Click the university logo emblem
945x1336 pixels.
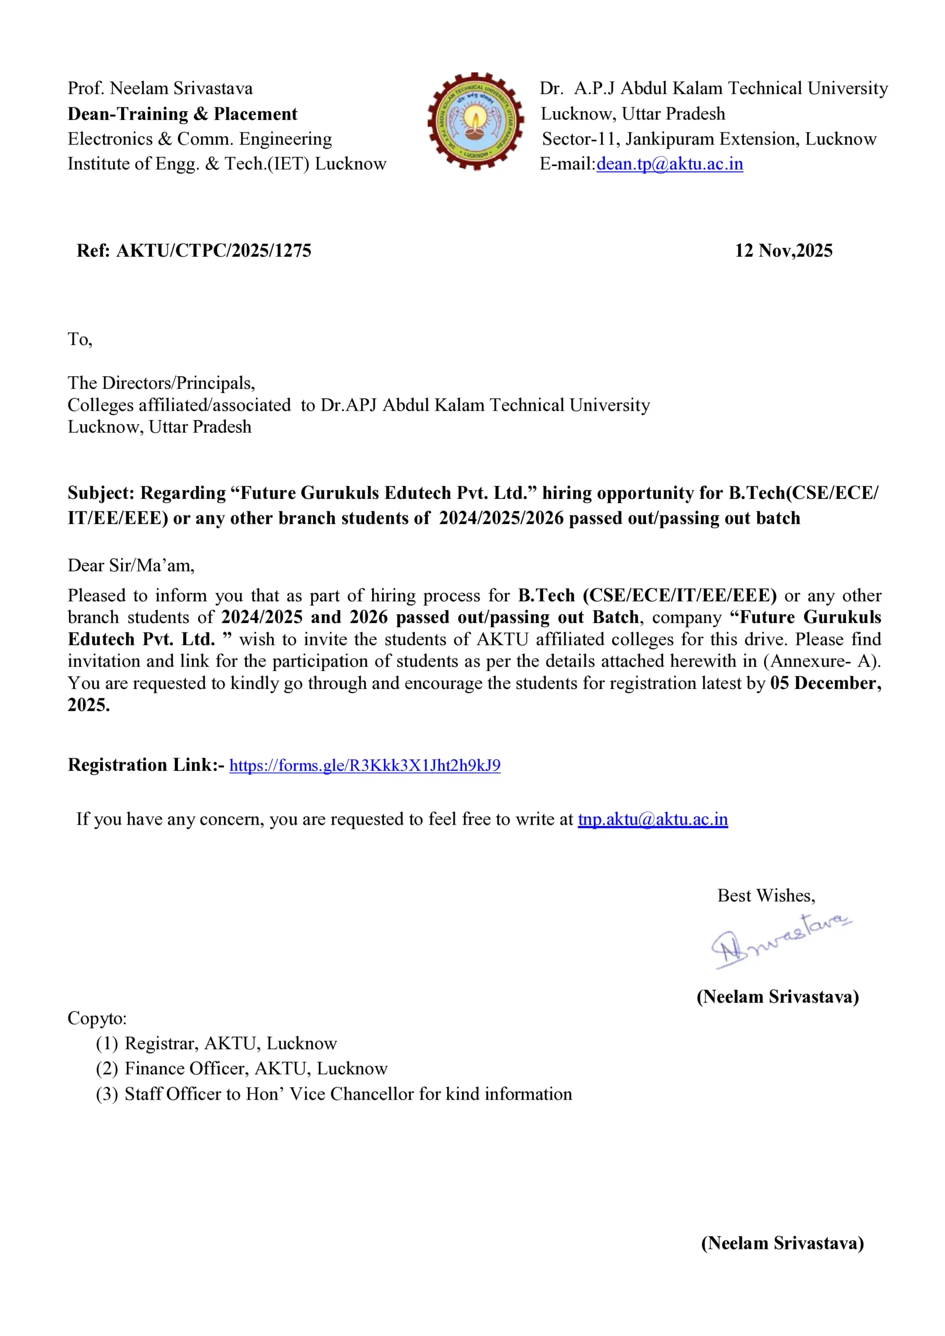(x=475, y=121)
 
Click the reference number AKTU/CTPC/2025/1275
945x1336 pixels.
(x=213, y=251)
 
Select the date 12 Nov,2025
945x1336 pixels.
(x=783, y=251)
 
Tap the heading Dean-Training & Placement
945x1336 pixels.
(x=182, y=114)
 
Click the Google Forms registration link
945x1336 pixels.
(x=365, y=765)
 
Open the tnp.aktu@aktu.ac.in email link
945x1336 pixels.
(x=652, y=819)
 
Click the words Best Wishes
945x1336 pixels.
(x=766, y=896)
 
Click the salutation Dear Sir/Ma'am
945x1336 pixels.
(x=131, y=566)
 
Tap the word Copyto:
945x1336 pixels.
(x=97, y=1018)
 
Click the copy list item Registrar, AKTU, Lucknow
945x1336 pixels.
(x=231, y=1044)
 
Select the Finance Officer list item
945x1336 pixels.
(x=256, y=1069)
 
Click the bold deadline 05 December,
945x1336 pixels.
(x=825, y=683)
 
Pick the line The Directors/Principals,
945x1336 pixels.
(x=161, y=384)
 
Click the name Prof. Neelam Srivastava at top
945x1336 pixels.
(x=160, y=88)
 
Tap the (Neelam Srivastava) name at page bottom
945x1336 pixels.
(x=782, y=1244)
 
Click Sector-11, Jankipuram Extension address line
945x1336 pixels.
(x=709, y=139)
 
